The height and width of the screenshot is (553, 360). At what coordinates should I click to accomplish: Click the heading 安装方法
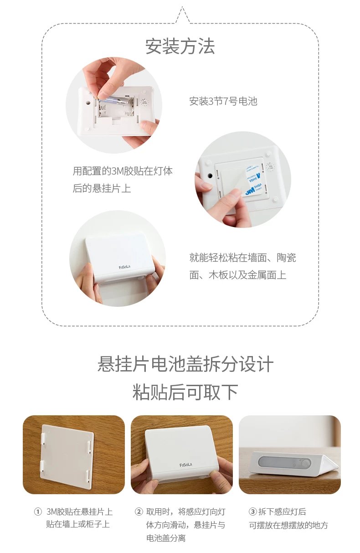click(180, 46)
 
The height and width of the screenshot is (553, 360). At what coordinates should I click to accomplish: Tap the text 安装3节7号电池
click(223, 101)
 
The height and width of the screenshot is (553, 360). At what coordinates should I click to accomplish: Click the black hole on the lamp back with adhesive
click(210, 176)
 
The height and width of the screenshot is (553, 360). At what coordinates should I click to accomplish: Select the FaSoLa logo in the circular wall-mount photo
click(124, 267)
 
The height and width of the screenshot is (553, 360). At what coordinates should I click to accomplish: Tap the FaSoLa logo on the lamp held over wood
click(186, 465)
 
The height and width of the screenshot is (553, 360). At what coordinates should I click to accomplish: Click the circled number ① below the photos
click(37, 512)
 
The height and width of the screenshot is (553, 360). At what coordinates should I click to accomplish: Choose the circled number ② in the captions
click(139, 512)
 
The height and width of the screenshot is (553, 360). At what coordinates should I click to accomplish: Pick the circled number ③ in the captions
click(252, 512)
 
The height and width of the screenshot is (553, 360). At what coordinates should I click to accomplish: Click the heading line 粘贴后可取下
click(185, 392)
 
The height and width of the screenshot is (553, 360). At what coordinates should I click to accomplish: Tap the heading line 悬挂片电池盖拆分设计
click(185, 364)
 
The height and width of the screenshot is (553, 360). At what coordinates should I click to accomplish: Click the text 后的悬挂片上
click(102, 188)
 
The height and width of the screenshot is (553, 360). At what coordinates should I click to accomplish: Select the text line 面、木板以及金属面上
click(237, 275)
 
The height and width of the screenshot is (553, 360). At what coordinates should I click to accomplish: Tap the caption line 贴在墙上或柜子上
click(78, 524)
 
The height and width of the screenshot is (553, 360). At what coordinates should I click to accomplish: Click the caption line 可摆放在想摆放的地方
click(288, 525)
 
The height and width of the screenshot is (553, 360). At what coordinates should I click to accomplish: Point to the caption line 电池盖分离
click(165, 538)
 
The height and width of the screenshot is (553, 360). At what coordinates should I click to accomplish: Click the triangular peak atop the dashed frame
click(182, 7)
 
